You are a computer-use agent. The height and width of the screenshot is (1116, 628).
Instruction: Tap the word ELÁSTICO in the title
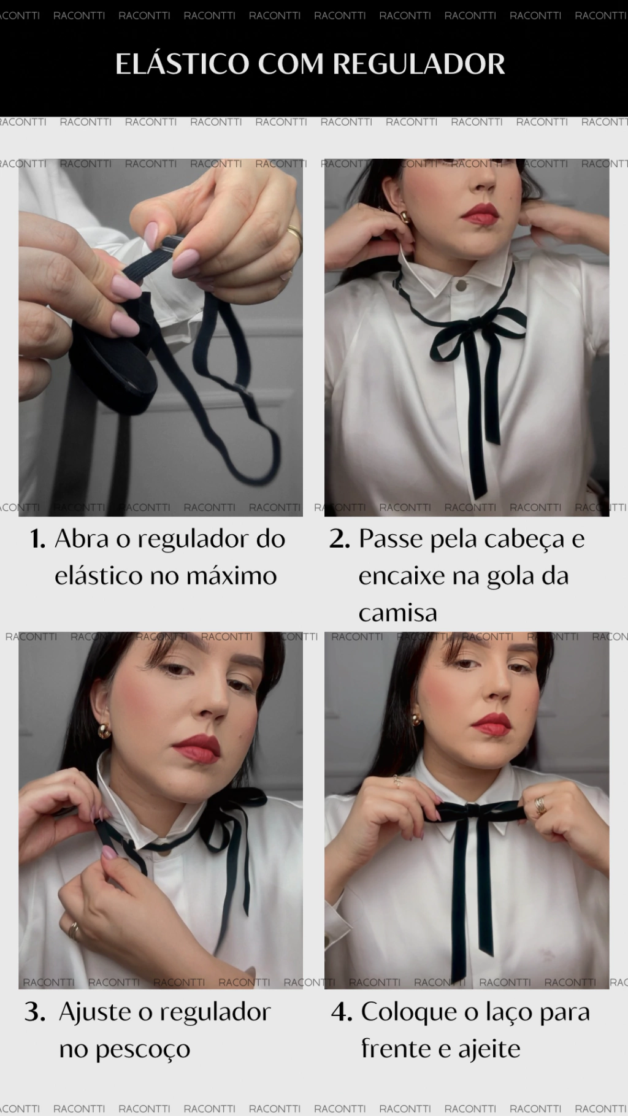[x=182, y=63]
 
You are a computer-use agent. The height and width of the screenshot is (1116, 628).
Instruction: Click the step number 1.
[x=38, y=539]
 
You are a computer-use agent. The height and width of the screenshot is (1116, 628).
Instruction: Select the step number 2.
[x=339, y=539]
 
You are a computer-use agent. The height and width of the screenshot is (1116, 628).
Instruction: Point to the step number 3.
[x=35, y=1012]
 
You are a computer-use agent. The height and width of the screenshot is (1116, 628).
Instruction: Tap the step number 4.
[x=342, y=1012]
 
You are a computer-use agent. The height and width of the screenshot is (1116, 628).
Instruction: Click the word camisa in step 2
[x=398, y=613]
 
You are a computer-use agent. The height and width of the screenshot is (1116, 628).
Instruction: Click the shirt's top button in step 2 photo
[x=459, y=283]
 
